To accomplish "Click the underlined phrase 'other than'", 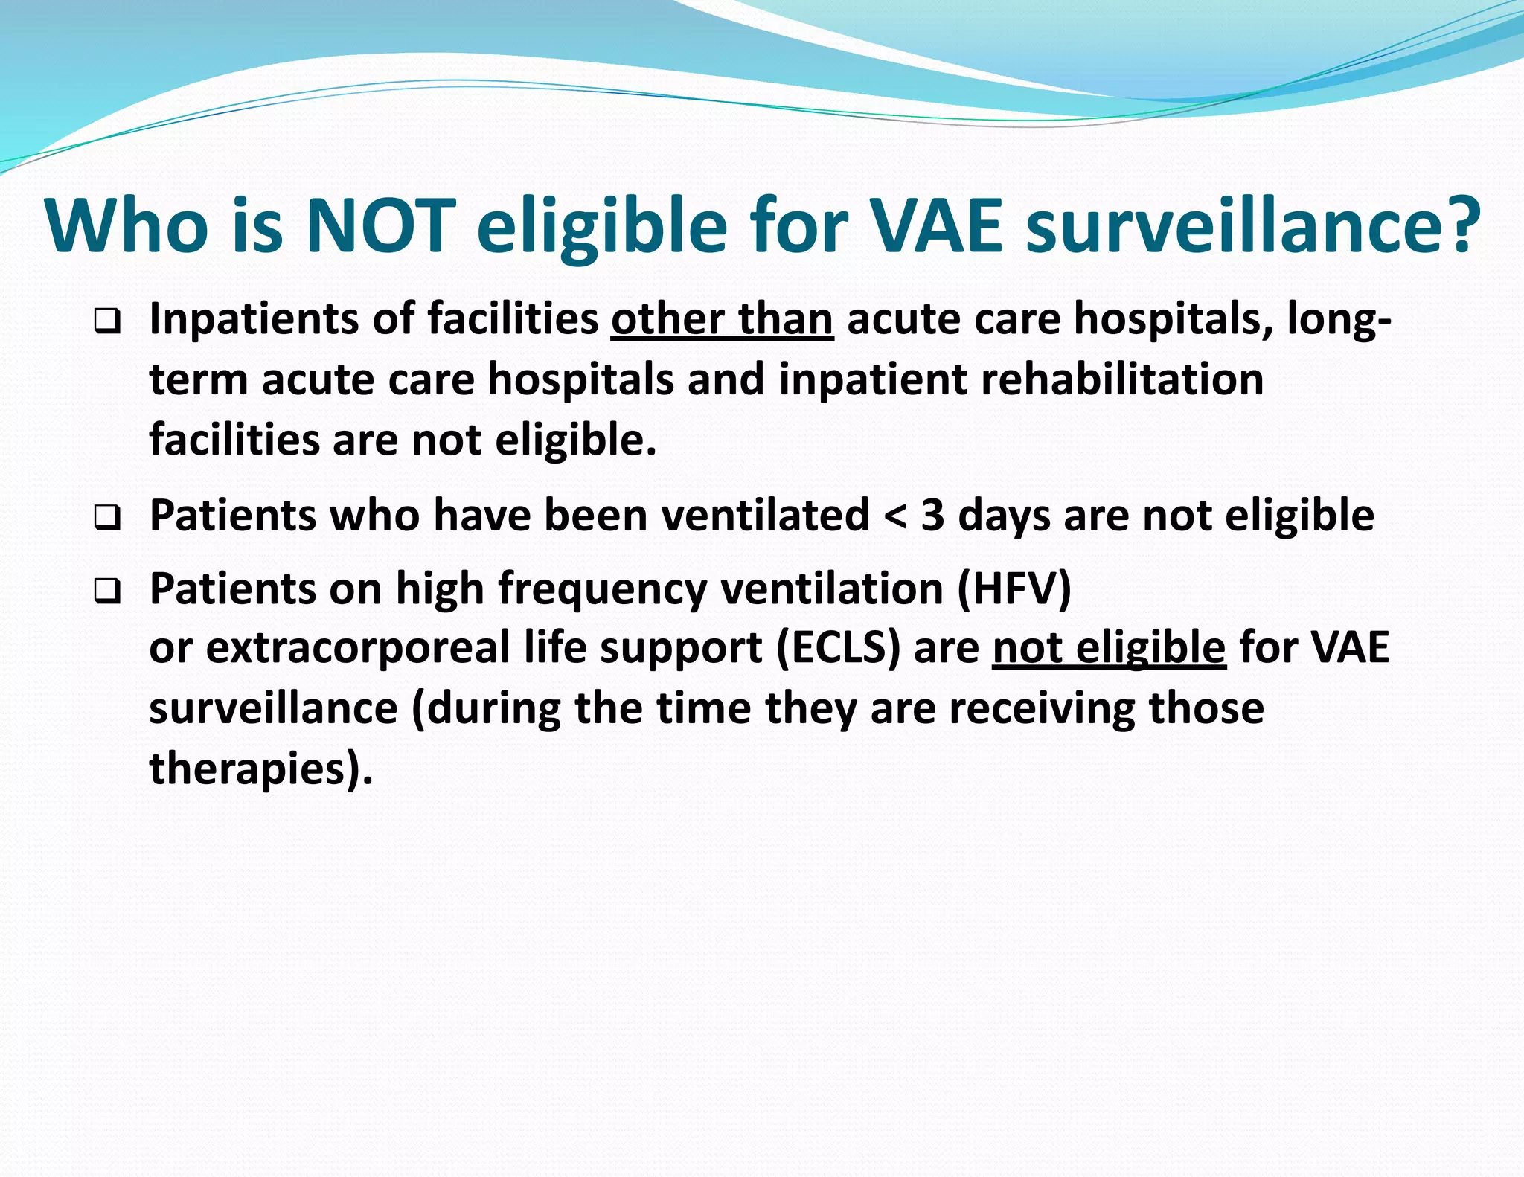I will coord(722,320).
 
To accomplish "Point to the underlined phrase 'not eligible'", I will coord(1109,647).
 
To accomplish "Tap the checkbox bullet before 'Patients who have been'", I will coord(107,518).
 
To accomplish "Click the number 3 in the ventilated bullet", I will coord(932,515).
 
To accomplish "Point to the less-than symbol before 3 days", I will coord(895,516).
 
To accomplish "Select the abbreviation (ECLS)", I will coord(838,647).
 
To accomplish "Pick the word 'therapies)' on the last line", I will coord(260,769).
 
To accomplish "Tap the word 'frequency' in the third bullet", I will coord(603,590).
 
